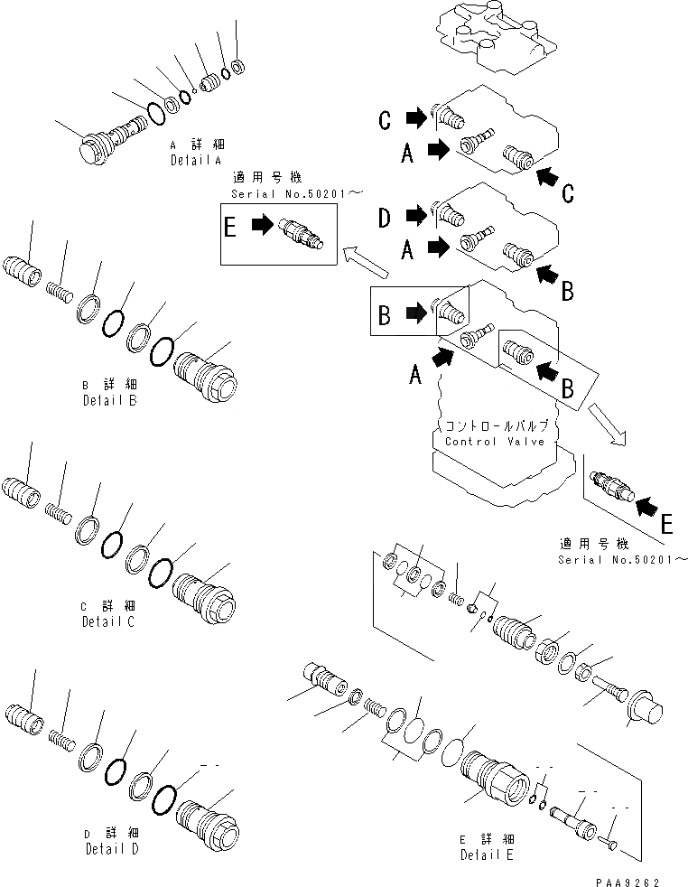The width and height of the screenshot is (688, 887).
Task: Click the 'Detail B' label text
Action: pos(109,399)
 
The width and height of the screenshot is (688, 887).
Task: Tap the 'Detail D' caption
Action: pos(112,849)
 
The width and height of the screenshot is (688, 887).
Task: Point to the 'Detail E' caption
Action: pos(487,854)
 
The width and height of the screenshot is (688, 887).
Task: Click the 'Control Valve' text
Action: pos(495,442)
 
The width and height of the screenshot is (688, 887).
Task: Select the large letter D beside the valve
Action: pos(386,217)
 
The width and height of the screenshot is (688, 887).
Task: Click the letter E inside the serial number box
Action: pos(231,229)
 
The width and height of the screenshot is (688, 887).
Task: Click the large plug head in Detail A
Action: pos(90,149)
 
